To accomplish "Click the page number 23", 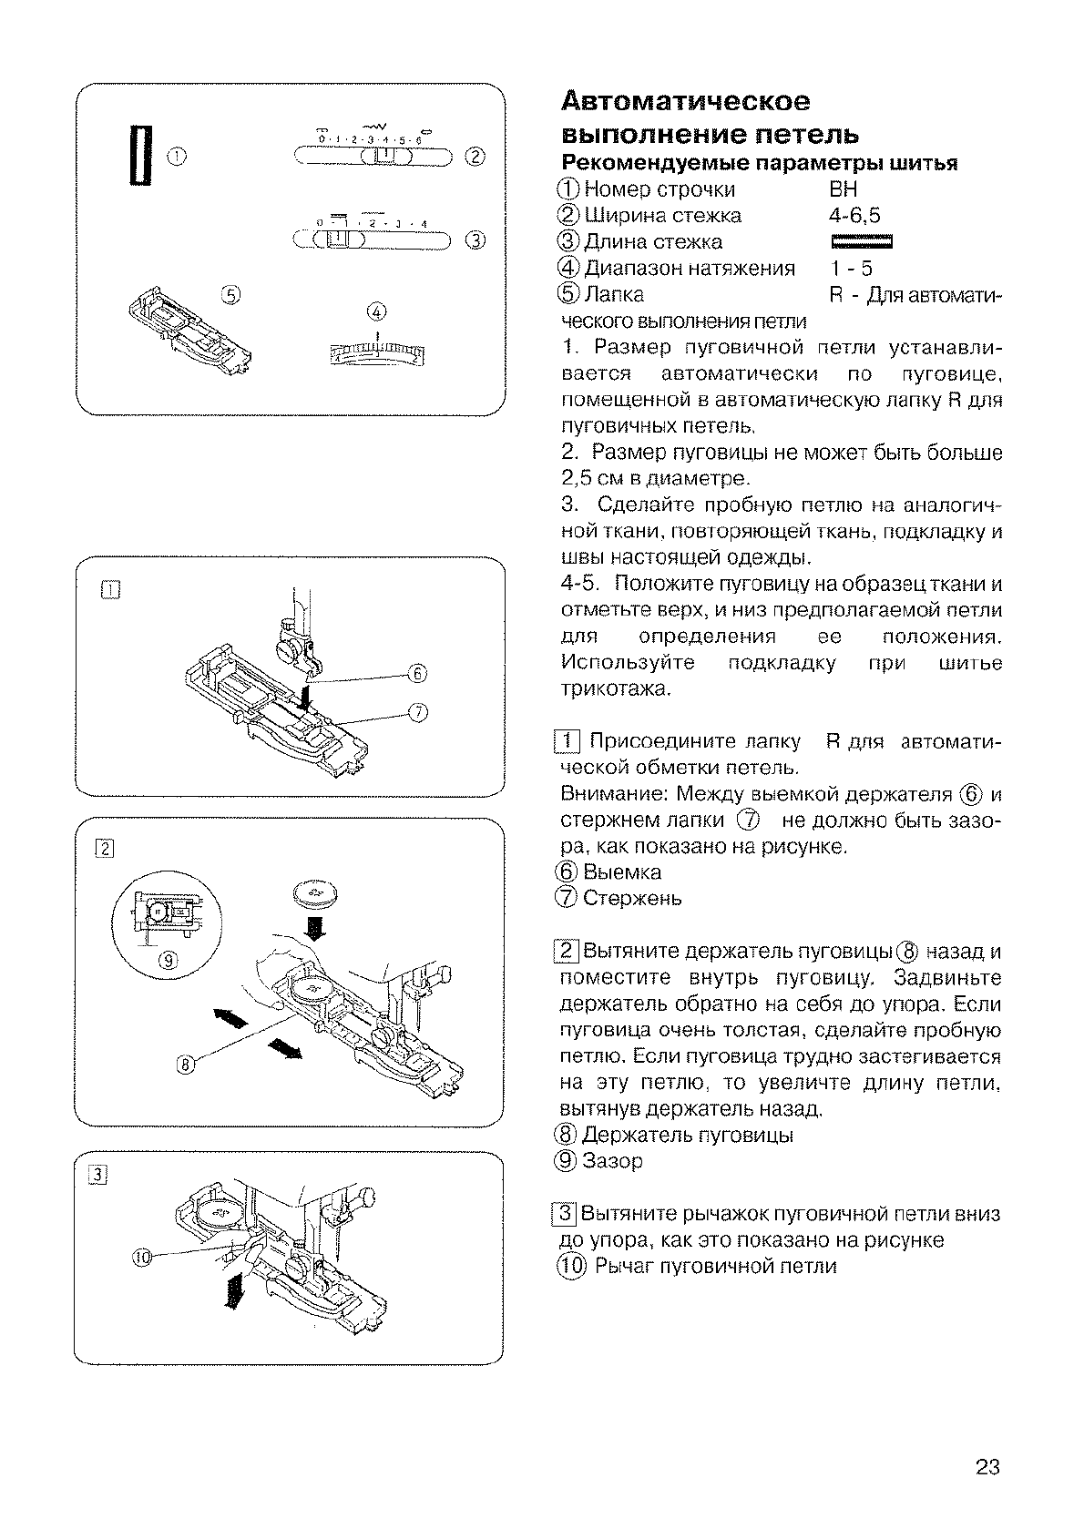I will [x=987, y=1467].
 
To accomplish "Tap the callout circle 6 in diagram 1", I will [x=416, y=674].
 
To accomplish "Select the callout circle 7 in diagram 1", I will [x=416, y=712].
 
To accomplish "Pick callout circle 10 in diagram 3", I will [x=141, y=1258].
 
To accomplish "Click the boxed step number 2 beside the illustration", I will [x=104, y=849].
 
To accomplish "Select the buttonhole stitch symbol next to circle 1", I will [x=141, y=156].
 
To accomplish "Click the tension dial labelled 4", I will [x=377, y=352].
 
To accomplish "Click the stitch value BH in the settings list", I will [x=843, y=189].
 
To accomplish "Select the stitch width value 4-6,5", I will [x=854, y=216].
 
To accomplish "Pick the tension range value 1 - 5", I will [x=851, y=269].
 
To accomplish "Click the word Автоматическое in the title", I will [x=684, y=100].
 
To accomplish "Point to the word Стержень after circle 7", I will [x=632, y=899].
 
